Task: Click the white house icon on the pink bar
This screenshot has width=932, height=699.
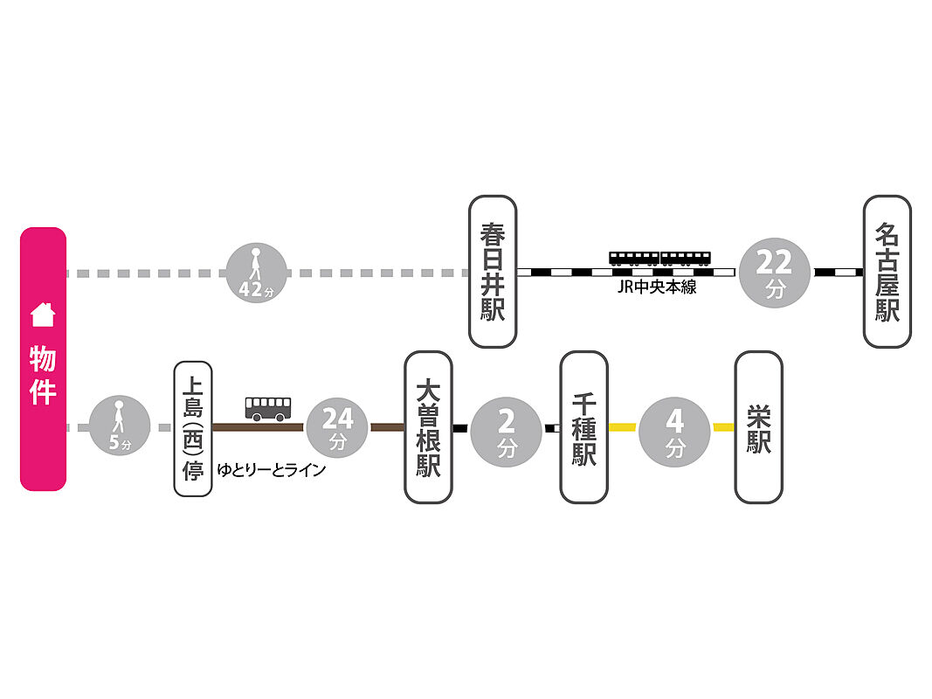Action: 43,315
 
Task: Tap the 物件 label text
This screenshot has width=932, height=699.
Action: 43,375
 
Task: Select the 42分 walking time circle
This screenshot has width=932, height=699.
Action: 255,273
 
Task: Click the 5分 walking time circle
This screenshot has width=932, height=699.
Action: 120,427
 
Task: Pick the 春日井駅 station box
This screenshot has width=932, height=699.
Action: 493,271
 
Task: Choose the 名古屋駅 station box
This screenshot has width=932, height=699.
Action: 887,271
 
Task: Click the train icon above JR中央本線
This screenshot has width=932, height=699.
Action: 659,258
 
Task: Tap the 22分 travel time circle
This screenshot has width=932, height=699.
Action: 776,272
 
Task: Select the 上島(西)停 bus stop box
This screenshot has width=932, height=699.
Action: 193,428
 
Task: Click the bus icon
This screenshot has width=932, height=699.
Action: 268,408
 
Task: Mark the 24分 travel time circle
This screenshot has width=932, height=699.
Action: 337,427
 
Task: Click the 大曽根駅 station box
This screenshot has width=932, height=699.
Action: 428,427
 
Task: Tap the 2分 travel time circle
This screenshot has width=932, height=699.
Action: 506,427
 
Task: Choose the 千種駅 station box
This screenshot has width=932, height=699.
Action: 583,427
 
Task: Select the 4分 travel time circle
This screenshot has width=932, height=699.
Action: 674,427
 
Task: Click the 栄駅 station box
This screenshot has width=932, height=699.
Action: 758,427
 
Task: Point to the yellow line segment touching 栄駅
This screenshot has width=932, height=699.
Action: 723,427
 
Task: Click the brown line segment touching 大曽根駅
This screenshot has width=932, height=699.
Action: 387,427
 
